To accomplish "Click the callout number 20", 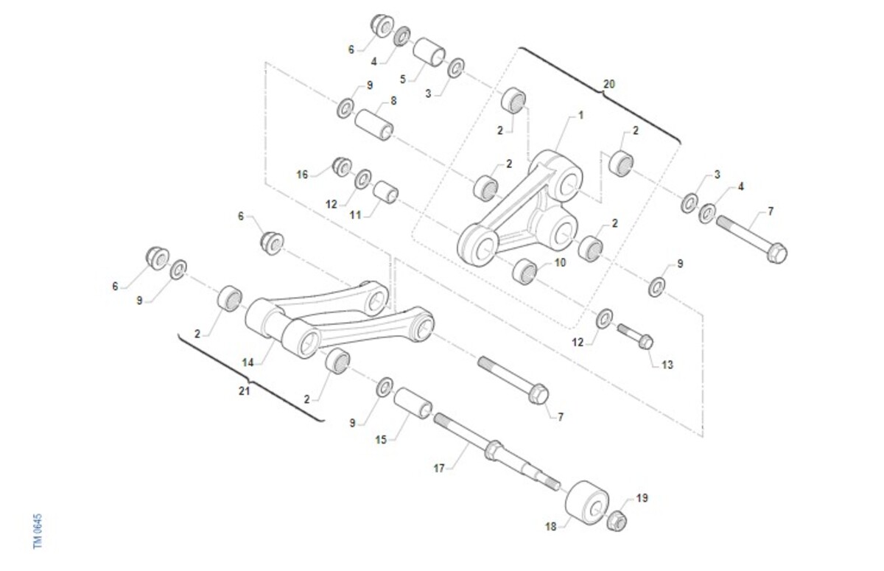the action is pyautogui.click(x=609, y=84).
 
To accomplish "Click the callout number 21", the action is pyautogui.click(x=245, y=391).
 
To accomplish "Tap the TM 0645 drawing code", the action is pyautogui.click(x=38, y=531).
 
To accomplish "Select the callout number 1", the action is pyautogui.click(x=580, y=115).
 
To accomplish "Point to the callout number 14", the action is pyautogui.click(x=248, y=362).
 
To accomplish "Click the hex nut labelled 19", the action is pyautogui.click(x=617, y=522).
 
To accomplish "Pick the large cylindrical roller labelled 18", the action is pyautogui.click(x=586, y=502).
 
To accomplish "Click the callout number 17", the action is pyautogui.click(x=439, y=469).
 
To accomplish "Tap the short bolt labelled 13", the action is pyautogui.click(x=635, y=337).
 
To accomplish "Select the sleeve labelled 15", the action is pyautogui.click(x=413, y=403).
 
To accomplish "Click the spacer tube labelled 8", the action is pyautogui.click(x=373, y=125).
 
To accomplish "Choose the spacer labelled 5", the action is pyautogui.click(x=429, y=52).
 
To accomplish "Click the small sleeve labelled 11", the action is pyautogui.click(x=385, y=192).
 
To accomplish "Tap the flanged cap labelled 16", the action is pyautogui.click(x=342, y=167).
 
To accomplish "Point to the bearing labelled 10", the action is pyautogui.click(x=525, y=272).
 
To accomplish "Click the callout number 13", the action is pyautogui.click(x=667, y=365).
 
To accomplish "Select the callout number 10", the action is pyautogui.click(x=560, y=262).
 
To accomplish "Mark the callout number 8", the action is pyautogui.click(x=393, y=101).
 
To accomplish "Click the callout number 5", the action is pyautogui.click(x=402, y=80).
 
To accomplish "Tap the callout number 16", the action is pyautogui.click(x=302, y=175).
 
